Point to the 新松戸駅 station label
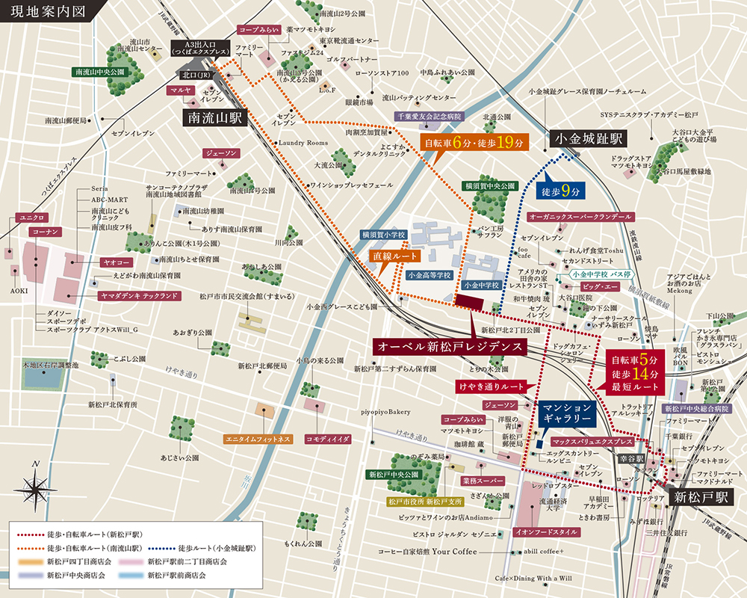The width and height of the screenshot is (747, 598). click(701, 497)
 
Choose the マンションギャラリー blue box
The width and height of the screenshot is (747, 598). click(566, 414)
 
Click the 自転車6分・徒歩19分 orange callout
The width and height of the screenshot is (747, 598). click(474, 142)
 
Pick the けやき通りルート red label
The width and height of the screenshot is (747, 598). click(492, 386)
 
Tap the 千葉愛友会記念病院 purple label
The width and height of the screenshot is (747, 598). click(428, 117)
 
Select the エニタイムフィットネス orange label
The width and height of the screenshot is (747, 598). click(257, 439)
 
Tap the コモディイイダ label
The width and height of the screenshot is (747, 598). click(328, 439)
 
